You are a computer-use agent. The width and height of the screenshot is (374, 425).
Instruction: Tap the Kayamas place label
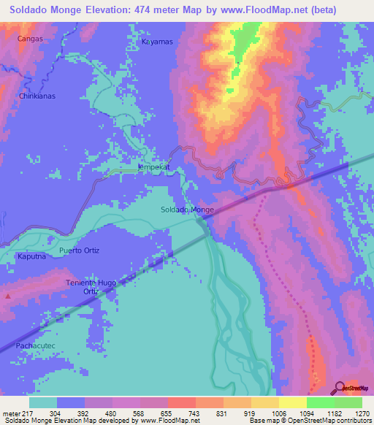157,42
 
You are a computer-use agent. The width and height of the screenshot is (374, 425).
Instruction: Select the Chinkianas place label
37,96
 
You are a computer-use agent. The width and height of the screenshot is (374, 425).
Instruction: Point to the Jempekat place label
153,166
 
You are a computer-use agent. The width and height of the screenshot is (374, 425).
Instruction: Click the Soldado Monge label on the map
187,210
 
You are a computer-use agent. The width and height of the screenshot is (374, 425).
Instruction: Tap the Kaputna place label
31,257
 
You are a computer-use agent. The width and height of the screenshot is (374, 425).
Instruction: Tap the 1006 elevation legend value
278,413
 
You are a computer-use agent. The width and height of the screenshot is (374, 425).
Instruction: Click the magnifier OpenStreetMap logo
340,387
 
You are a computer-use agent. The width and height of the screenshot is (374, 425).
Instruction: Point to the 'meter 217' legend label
16,413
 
